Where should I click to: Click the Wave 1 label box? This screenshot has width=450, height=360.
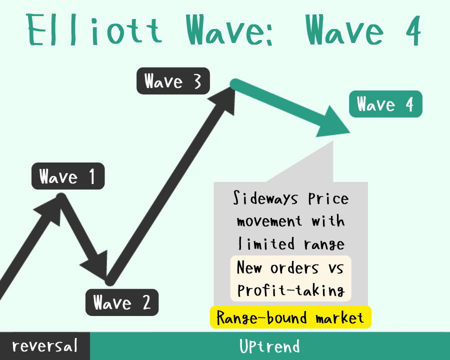(x=68, y=176)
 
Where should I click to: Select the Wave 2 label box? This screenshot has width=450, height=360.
(x=122, y=302)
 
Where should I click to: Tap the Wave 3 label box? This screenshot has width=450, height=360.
(x=173, y=81)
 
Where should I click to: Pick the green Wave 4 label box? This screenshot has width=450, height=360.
(x=385, y=104)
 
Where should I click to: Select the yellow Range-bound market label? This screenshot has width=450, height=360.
(x=290, y=317)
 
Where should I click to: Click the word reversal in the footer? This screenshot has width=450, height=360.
(x=45, y=345)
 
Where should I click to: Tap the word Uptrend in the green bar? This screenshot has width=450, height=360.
(x=270, y=346)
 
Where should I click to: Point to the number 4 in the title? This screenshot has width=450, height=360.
(x=413, y=30)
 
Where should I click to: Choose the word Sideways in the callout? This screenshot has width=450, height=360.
(x=265, y=198)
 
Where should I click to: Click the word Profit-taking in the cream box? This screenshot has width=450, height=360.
(x=291, y=290)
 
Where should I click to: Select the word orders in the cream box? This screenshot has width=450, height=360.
(x=294, y=268)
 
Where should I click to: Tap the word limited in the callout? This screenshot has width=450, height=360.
(x=266, y=244)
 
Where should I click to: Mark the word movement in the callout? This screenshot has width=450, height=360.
(x=269, y=221)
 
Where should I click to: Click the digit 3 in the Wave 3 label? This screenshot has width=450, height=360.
(x=197, y=81)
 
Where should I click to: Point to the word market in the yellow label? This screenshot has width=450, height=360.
(x=340, y=318)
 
